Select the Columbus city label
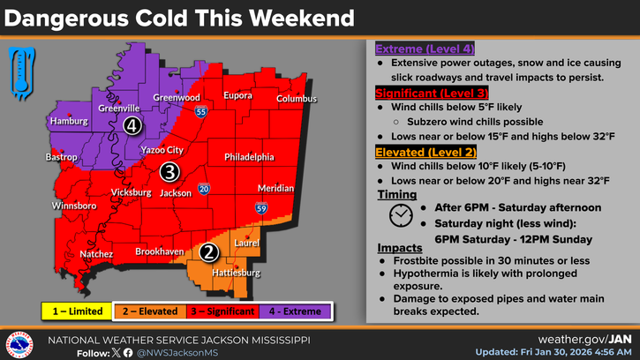[297, 99]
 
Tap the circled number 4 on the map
[132, 126]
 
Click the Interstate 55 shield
[202, 112]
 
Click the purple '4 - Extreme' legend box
[296, 311]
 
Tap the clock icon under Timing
[400, 214]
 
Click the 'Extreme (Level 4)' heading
[423, 49]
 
